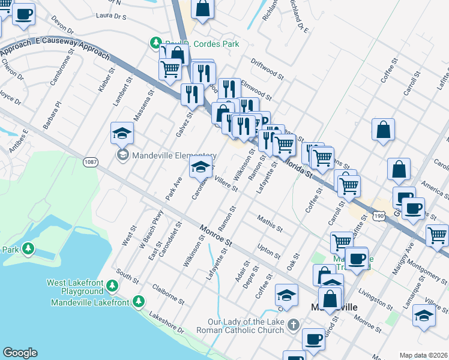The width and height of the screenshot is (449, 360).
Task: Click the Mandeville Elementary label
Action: click(x=166, y=155)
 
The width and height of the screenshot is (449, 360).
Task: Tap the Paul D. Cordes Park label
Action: click(x=201, y=44)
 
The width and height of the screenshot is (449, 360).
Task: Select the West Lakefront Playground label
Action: click(x=75, y=287)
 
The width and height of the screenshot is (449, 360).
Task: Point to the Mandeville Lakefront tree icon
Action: click(x=139, y=301)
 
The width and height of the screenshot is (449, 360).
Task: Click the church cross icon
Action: click(x=294, y=325)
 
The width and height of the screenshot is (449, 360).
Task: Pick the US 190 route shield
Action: click(x=378, y=215)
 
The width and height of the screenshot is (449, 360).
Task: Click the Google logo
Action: click(x=20, y=353)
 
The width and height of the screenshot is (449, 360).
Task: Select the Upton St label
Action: click(x=265, y=248)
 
